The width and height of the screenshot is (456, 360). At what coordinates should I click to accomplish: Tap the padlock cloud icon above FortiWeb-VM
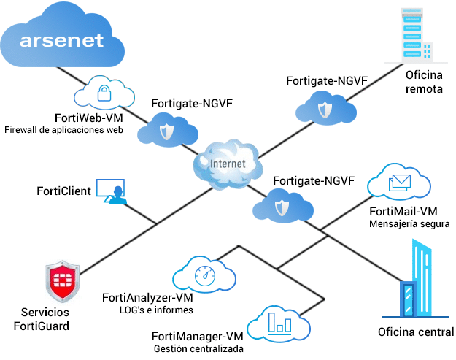(105, 93)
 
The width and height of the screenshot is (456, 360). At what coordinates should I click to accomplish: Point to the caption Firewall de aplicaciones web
(63, 130)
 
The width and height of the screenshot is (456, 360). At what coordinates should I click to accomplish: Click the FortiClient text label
(63, 191)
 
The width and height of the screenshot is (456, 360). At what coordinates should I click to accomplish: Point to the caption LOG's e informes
(156, 310)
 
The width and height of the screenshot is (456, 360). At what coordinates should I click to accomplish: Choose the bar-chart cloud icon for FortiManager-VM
(275, 323)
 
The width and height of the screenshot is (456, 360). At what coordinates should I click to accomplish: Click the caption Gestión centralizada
(198, 348)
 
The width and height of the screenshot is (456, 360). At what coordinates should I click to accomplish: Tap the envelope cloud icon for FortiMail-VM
(399, 183)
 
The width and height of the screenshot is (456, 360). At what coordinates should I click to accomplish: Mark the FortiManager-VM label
(197, 336)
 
